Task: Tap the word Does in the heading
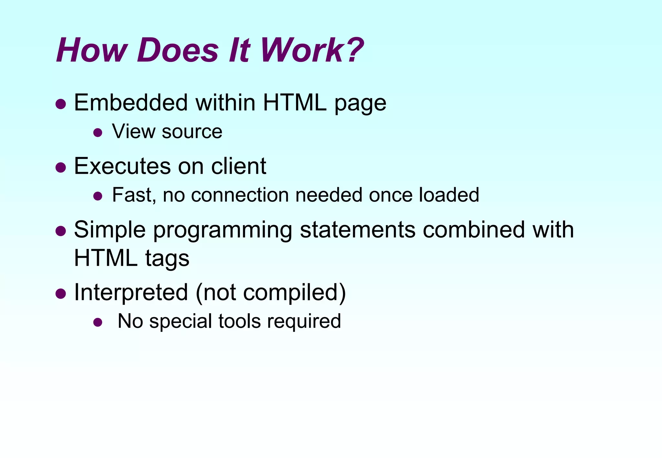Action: tap(178, 50)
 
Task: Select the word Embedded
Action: tap(131, 103)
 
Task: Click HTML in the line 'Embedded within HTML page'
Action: tap(294, 103)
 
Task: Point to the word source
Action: tap(192, 131)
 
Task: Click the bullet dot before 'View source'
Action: tap(98, 132)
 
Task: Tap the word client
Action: tap(239, 166)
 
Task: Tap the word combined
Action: tap(474, 230)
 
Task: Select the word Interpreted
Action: tap(131, 292)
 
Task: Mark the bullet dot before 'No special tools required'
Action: tap(98, 322)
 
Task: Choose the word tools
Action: tap(240, 321)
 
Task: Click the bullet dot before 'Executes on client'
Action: tap(60, 168)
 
